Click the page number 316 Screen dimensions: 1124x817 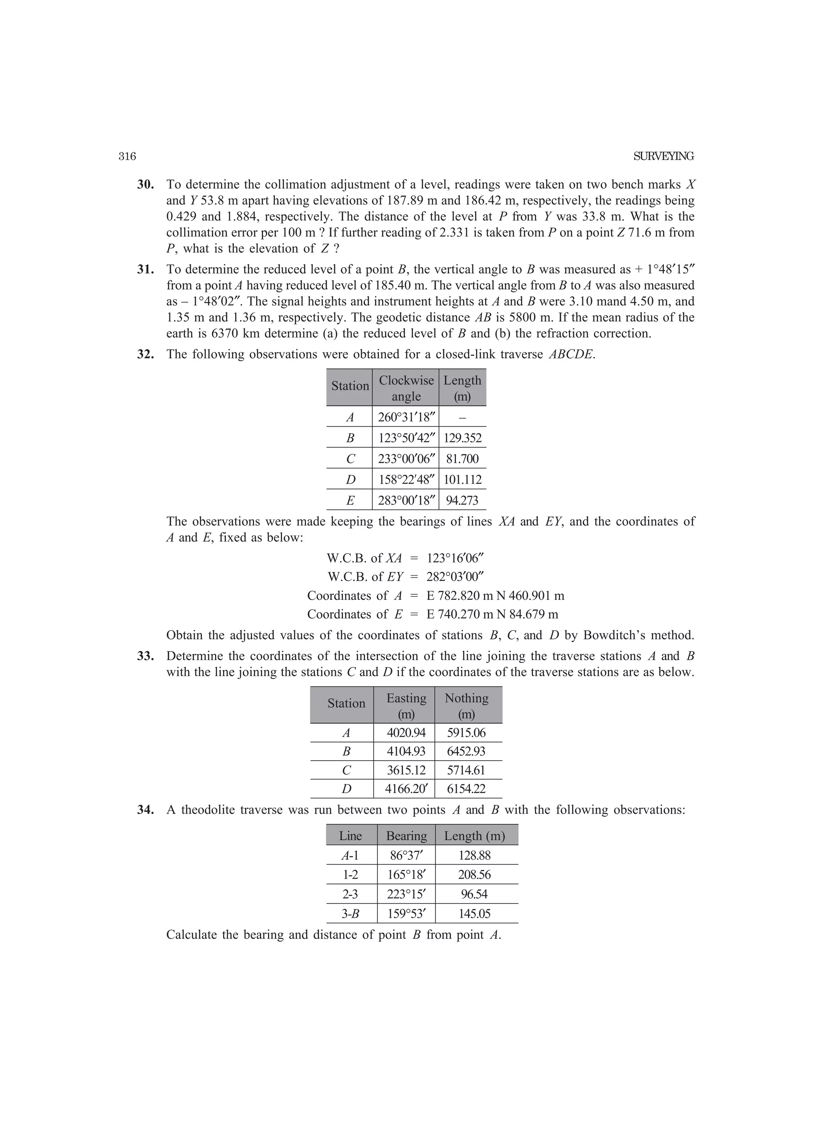127,157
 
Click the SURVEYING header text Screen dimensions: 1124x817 663,157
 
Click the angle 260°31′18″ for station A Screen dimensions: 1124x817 406,417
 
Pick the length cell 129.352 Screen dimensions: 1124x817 462,438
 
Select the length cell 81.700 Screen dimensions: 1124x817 462,459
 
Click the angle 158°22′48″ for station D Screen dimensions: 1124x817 406,480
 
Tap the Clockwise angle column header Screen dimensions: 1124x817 406,388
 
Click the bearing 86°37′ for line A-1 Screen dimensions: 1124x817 406,856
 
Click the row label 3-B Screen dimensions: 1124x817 351,913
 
